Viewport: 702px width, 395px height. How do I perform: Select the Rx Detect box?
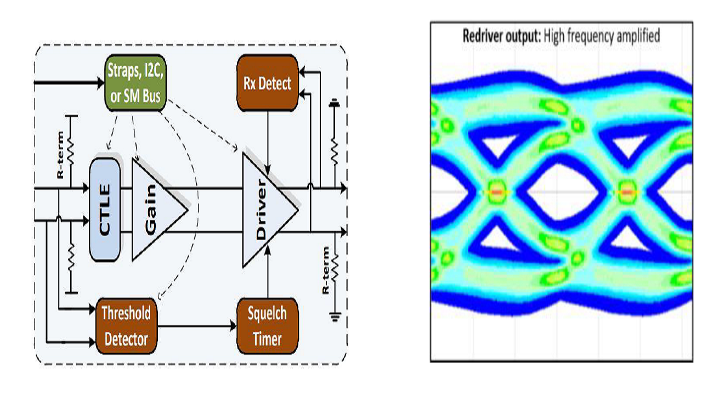(267, 84)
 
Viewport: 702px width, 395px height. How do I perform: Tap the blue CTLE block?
(105, 210)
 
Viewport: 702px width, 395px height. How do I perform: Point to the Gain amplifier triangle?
(154, 209)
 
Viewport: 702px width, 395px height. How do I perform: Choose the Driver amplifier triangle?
(265, 209)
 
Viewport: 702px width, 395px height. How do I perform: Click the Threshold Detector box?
(126, 326)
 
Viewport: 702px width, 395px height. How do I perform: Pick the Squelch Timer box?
(267, 326)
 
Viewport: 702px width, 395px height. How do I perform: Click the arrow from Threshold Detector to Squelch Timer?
(197, 326)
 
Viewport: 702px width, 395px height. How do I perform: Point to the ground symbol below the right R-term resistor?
(335, 315)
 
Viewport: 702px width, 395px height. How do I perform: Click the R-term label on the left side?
(60, 155)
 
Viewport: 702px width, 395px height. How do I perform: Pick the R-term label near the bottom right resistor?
(326, 270)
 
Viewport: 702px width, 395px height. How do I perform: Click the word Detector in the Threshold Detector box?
(126, 338)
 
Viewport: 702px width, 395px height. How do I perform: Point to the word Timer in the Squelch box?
(267, 338)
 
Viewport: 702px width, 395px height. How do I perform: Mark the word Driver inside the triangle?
(262, 209)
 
